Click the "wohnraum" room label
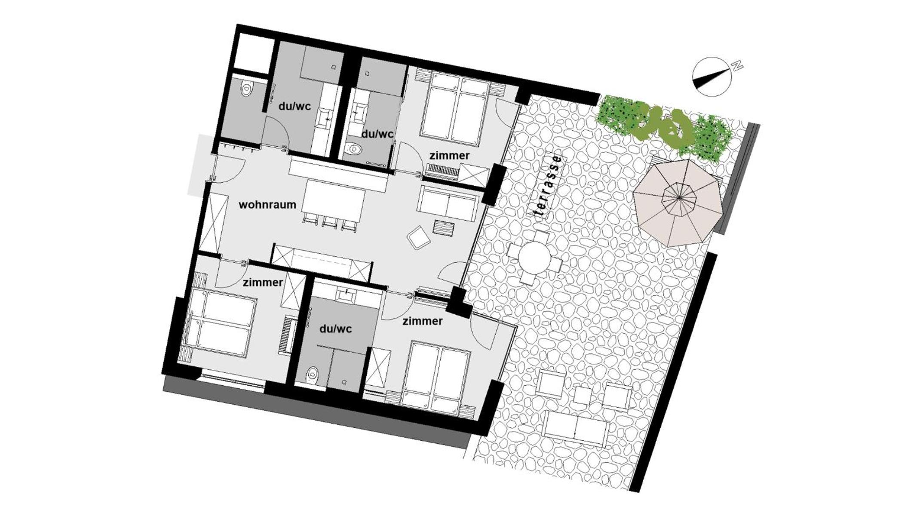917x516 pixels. click(x=267, y=205)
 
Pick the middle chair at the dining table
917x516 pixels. click(x=330, y=222)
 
